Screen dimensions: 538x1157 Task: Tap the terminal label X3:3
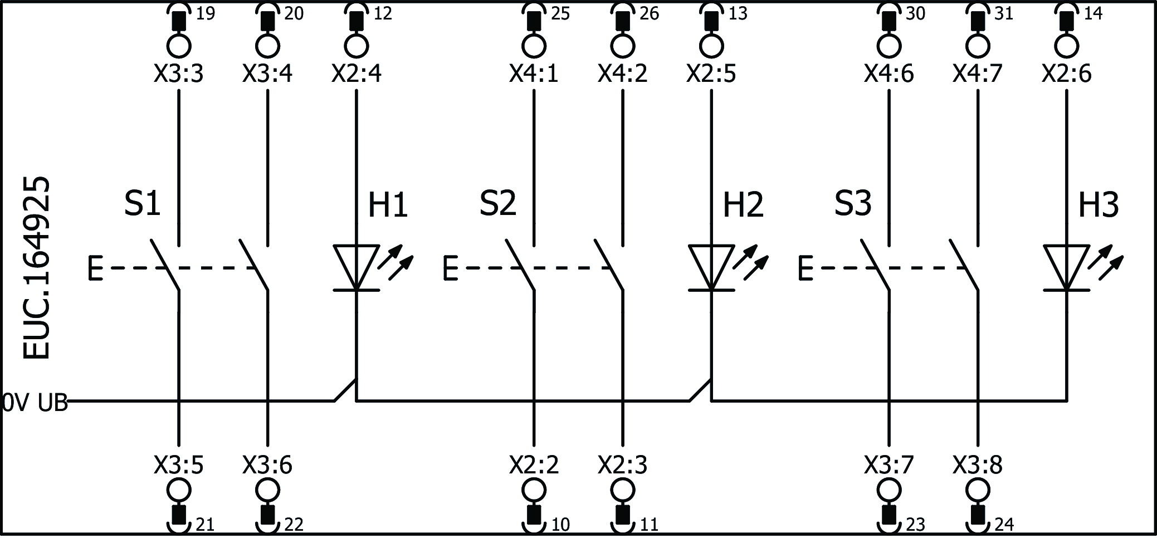tap(178, 74)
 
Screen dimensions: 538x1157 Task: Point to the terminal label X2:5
tap(711, 74)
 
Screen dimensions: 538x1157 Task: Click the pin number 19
tap(206, 13)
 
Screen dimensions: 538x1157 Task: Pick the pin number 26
tap(649, 13)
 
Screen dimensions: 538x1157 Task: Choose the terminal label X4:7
tap(977, 74)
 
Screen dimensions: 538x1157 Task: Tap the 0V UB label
tap(35, 402)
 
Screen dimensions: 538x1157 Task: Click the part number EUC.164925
tap(37, 268)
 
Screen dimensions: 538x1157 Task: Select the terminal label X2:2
tap(534, 464)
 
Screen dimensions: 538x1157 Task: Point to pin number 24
tap(1004, 525)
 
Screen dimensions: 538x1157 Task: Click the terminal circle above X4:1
tap(534, 46)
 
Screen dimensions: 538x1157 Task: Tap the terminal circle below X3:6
tap(268, 490)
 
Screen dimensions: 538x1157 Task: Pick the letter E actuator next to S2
tap(450, 268)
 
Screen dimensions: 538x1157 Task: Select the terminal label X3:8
tap(977, 464)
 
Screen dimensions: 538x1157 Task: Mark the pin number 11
tap(649, 525)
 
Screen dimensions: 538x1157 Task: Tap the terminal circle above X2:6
tap(1066, 46)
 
